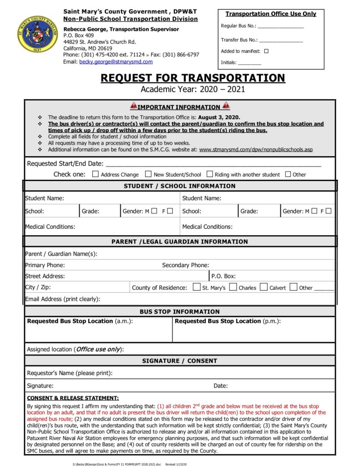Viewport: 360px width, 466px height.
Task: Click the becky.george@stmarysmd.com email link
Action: pyautogui.click(x=116, y=62)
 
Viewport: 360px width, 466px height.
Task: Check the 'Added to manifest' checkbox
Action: pyautogui.click(x=266, y=51)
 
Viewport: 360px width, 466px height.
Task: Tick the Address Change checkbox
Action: pyautogui.click(x=96, y=174)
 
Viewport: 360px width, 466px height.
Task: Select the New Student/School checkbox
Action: pyautogui.click(x=148, y=174)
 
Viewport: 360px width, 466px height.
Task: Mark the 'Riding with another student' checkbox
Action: pyautogui.click(x=210, y=174)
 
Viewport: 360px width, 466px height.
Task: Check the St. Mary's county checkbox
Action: pyautogui.click(x=197, y=287)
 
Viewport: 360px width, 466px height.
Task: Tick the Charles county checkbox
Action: pyautogui.click(x=233, y=287)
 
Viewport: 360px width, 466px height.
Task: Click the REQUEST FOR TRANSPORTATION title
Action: pyautogui.click(x=193, y=78)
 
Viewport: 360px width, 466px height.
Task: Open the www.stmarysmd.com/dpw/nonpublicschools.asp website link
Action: pyautogui.click(x=256, y=149)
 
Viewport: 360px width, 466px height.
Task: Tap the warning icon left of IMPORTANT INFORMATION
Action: pyautogui.click(x=133, y=106)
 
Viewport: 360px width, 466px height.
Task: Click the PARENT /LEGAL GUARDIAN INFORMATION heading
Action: pyautogui.click(x=180, y=242)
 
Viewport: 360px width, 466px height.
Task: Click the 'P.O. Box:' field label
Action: pyautogui.click(x=223, y=276)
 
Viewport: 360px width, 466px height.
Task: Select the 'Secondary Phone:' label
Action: pyautogui.click(x=186, y=265)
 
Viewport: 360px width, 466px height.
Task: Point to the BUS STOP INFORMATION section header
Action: pyautogui.click(x=180, y=312)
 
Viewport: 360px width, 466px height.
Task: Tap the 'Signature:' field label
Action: pyautogui.click(x=40, y=386)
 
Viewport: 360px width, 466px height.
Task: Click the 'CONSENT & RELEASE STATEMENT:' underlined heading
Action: pyautogui.click(x=73, y=398)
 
